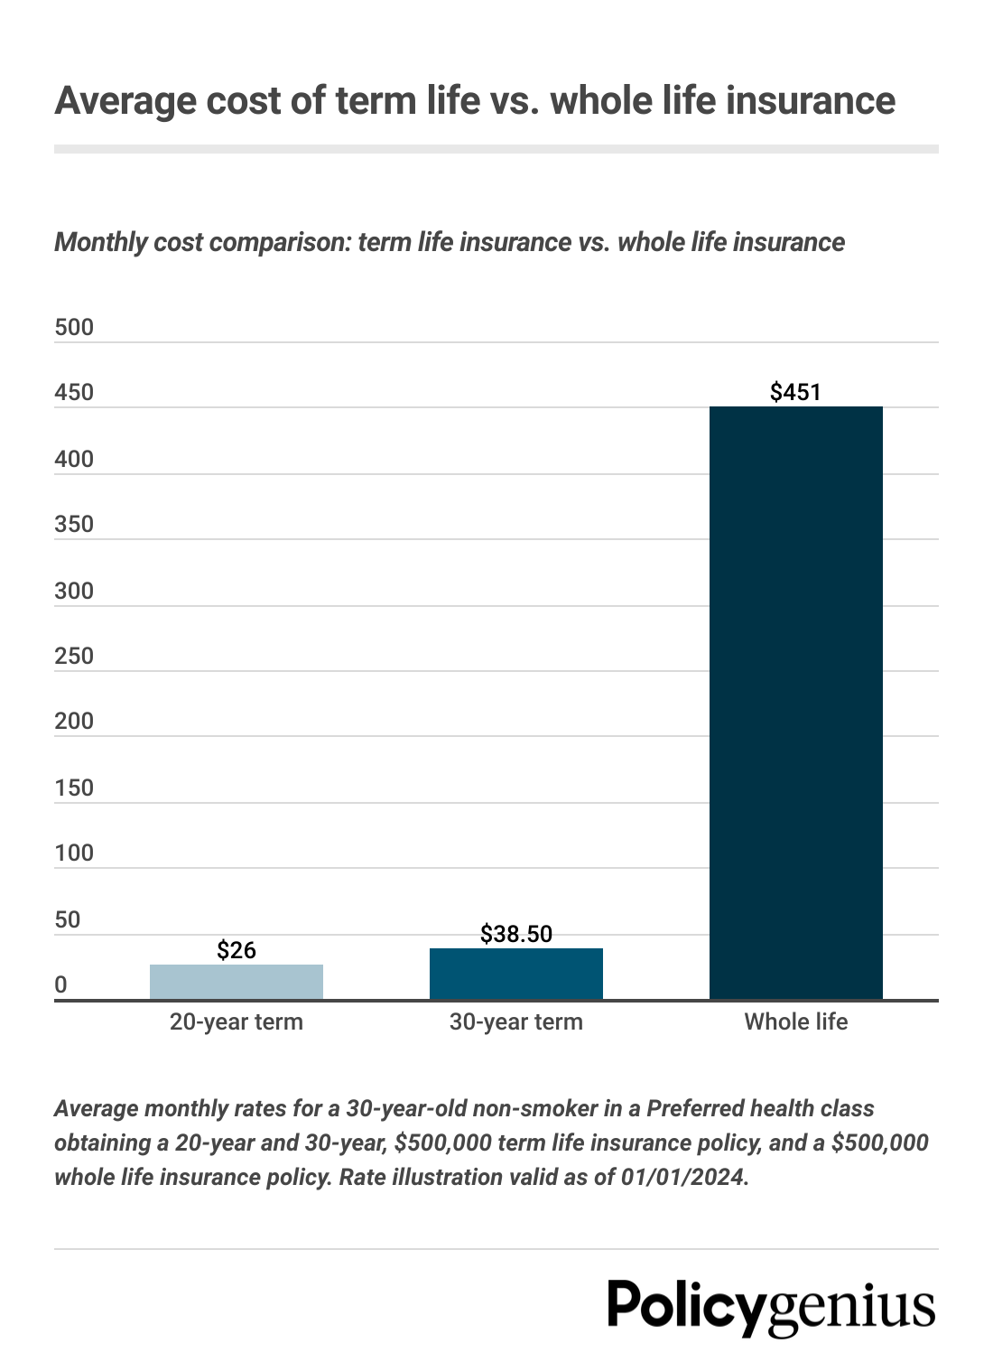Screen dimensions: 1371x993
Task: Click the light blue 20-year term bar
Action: pos(237,982)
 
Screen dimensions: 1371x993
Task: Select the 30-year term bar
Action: pos(516,974)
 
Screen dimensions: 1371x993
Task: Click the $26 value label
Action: pos(237,950)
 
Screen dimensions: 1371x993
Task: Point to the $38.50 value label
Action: pos(516,934)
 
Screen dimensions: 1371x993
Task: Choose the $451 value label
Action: pos(795,392)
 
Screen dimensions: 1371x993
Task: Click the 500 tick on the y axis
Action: pos(74,327)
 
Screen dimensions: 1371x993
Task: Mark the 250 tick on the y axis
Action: pos(74,656)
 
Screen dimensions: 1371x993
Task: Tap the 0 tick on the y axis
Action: pos(60,984)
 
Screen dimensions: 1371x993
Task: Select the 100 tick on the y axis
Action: pos(74,853)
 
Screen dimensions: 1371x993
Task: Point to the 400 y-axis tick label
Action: pos(74,459)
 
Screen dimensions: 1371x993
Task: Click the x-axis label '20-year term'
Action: pos(237,1021)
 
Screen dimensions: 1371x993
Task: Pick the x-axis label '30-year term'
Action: pos(516,1021)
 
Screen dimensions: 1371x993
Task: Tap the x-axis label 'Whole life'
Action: pos(795,1021)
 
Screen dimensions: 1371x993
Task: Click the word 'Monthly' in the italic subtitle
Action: pos(100,242)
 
